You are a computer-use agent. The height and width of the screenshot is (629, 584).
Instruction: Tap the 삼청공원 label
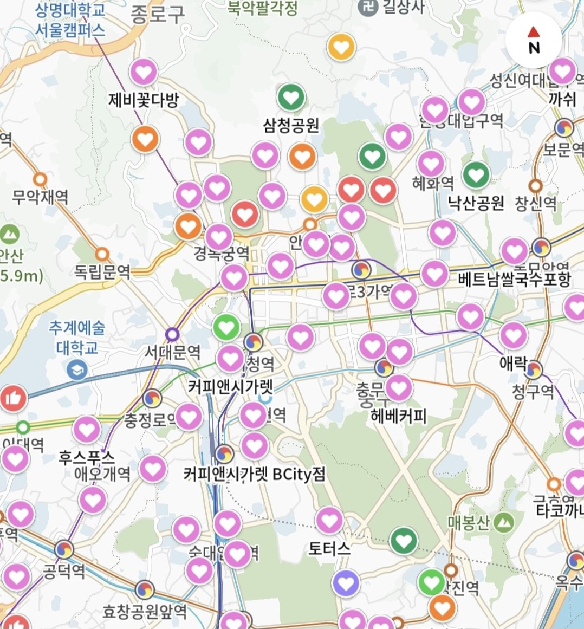click(291, 126)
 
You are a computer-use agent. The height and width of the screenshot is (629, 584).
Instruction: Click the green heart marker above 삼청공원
click(291, 98)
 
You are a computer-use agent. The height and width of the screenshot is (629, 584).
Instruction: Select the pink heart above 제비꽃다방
click(144, 72)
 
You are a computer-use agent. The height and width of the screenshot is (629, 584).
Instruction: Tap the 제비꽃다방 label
click(144, 100)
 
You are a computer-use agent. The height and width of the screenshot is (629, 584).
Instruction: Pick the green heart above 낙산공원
click(476, 174)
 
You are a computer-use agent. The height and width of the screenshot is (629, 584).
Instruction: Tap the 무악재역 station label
click(40, 196)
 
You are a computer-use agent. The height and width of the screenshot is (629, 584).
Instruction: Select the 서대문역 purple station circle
click(172, 334)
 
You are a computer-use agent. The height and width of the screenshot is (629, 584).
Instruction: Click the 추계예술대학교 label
click(77, 337)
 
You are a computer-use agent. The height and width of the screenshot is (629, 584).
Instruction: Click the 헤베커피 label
click(399, 416)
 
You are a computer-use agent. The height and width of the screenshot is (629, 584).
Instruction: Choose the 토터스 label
click(329, 548)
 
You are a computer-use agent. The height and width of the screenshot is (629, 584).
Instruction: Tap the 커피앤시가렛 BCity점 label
click(255, 474)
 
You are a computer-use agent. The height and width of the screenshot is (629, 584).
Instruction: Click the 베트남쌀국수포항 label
click(514, 279)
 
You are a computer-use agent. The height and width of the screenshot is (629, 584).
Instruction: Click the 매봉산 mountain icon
click(505, 522)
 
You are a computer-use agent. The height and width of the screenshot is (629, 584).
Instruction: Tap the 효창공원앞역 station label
click(145, 612)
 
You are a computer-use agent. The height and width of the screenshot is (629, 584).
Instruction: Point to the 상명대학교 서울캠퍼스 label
click(70, 20)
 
